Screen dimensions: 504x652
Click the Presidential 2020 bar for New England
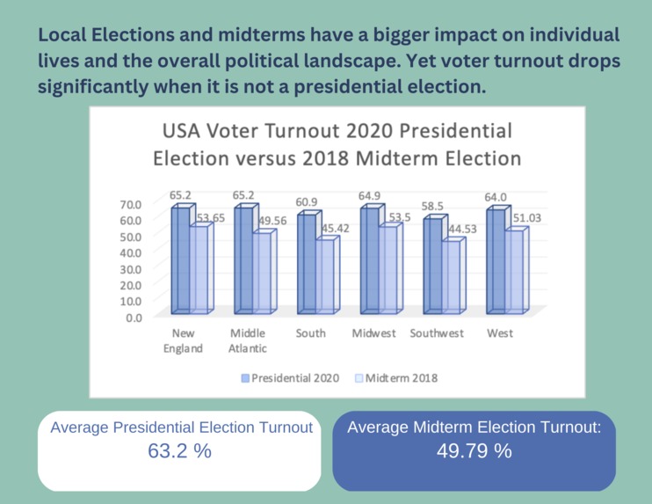pos(180,259)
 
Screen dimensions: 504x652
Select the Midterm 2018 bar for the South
pos(327,275)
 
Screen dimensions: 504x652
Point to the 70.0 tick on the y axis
pos(130,204)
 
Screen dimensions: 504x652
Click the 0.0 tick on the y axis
pos(134,318)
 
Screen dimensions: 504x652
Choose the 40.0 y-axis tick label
pos(130,252)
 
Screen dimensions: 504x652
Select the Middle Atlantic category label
pos(248,340)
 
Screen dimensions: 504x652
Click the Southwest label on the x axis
pos(439,333)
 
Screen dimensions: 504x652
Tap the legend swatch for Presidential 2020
pos(245,378)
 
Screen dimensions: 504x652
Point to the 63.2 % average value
pos(180,451)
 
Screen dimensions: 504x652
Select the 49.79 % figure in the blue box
pos(474,451)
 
